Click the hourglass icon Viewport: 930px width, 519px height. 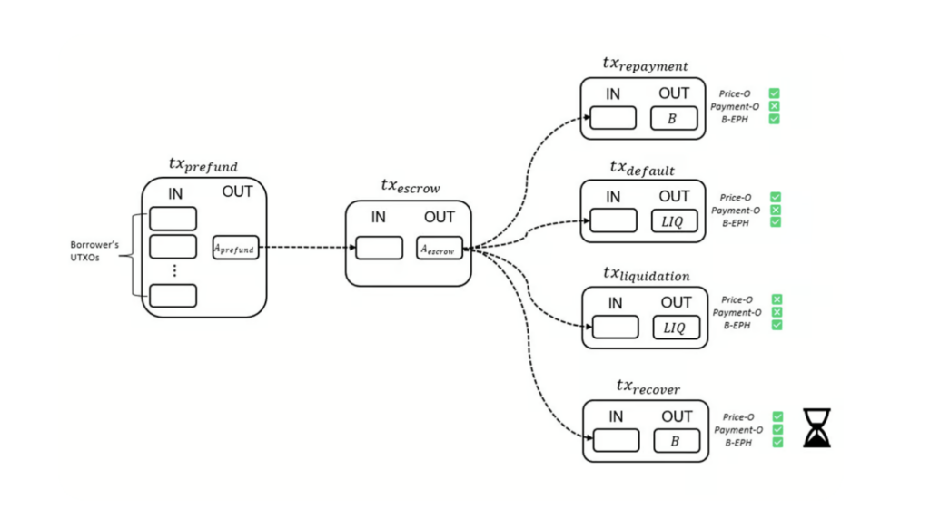(x=816, y=428)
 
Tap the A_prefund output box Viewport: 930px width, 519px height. (x=235, y=247)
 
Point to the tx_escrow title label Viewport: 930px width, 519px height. (x=411, y=188)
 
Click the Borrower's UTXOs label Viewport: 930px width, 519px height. (x=95, y=251)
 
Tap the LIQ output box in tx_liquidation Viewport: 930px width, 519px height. (x=675, y=327)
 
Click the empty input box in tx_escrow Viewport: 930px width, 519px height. (x=379, y=248)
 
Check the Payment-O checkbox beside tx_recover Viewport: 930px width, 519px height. (x=777, y=430)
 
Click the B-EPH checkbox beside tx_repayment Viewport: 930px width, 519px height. (x=775, y=119)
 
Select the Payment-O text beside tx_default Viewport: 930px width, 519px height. (x=735, y=210)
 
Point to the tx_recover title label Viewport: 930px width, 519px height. (x=648, y=387)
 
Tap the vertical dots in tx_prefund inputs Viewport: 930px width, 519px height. (x=173, y=270)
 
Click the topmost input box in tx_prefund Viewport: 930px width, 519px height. (x=173, y=218)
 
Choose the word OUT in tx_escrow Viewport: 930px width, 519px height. (x=439, y=217)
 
